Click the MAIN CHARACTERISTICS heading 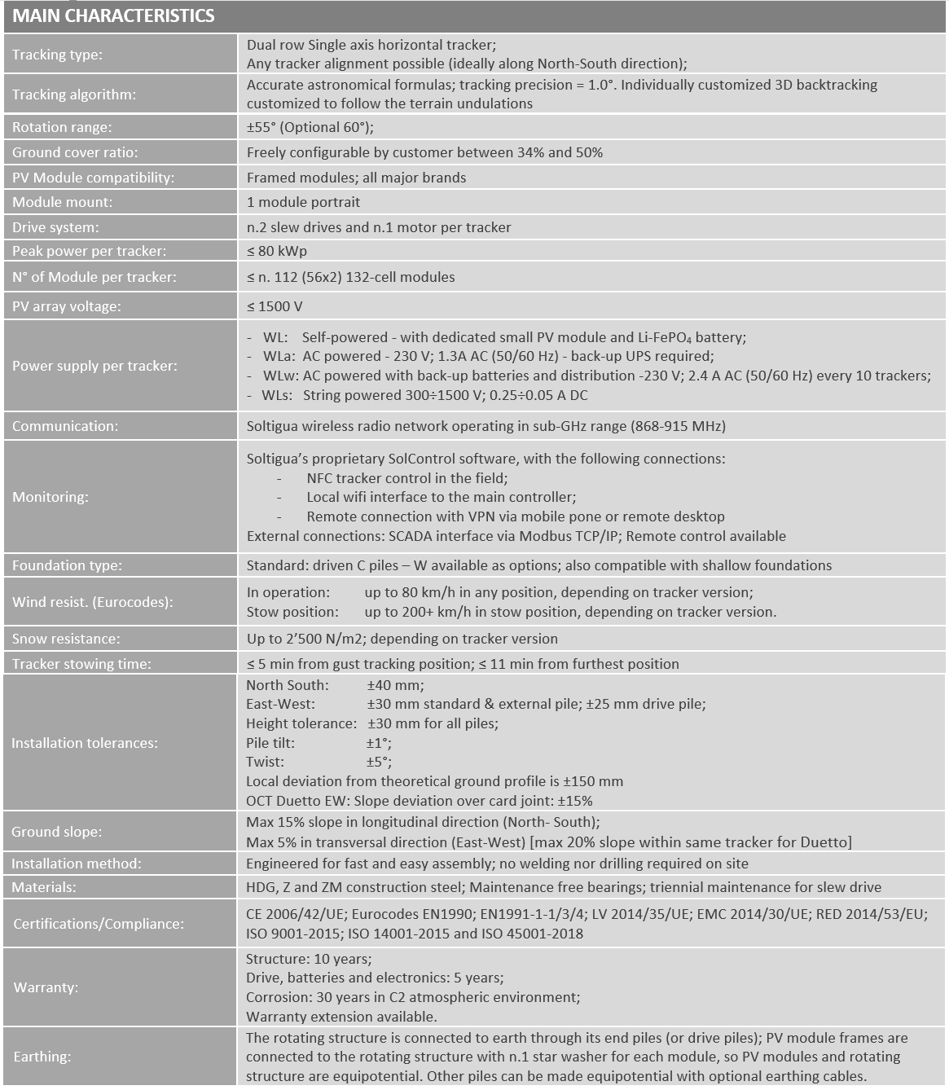click(x=113, y=16)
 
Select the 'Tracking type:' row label click(x=57, y=55)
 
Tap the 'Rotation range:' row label click(x=62, y=127)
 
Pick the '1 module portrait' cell click(x=303, y=202)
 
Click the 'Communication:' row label click(x=65, y=426)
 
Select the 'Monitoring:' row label click(x=51, y=497)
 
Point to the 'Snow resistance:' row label click(x=66, y=639)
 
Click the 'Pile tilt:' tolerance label click(x=270, y=743)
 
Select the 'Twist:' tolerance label click(x=266, y=762)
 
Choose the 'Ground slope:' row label click(x=57, y=832)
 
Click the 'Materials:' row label click(x=44, y=887)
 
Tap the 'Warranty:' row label click(x=46, y=987)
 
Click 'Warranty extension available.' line click(x=341, y=1017)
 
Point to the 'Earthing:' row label click(x=42, y=1057)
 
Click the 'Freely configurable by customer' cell click(x=424, y=152)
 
